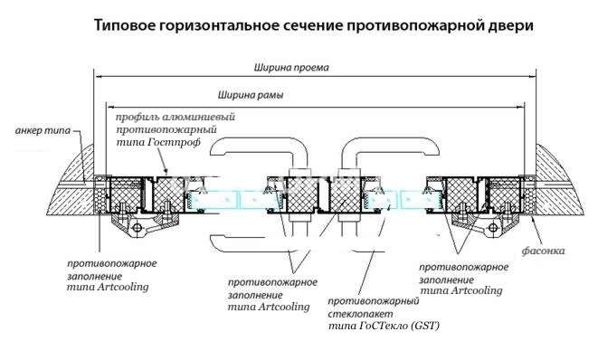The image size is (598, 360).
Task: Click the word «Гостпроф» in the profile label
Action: click(191, 143)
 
